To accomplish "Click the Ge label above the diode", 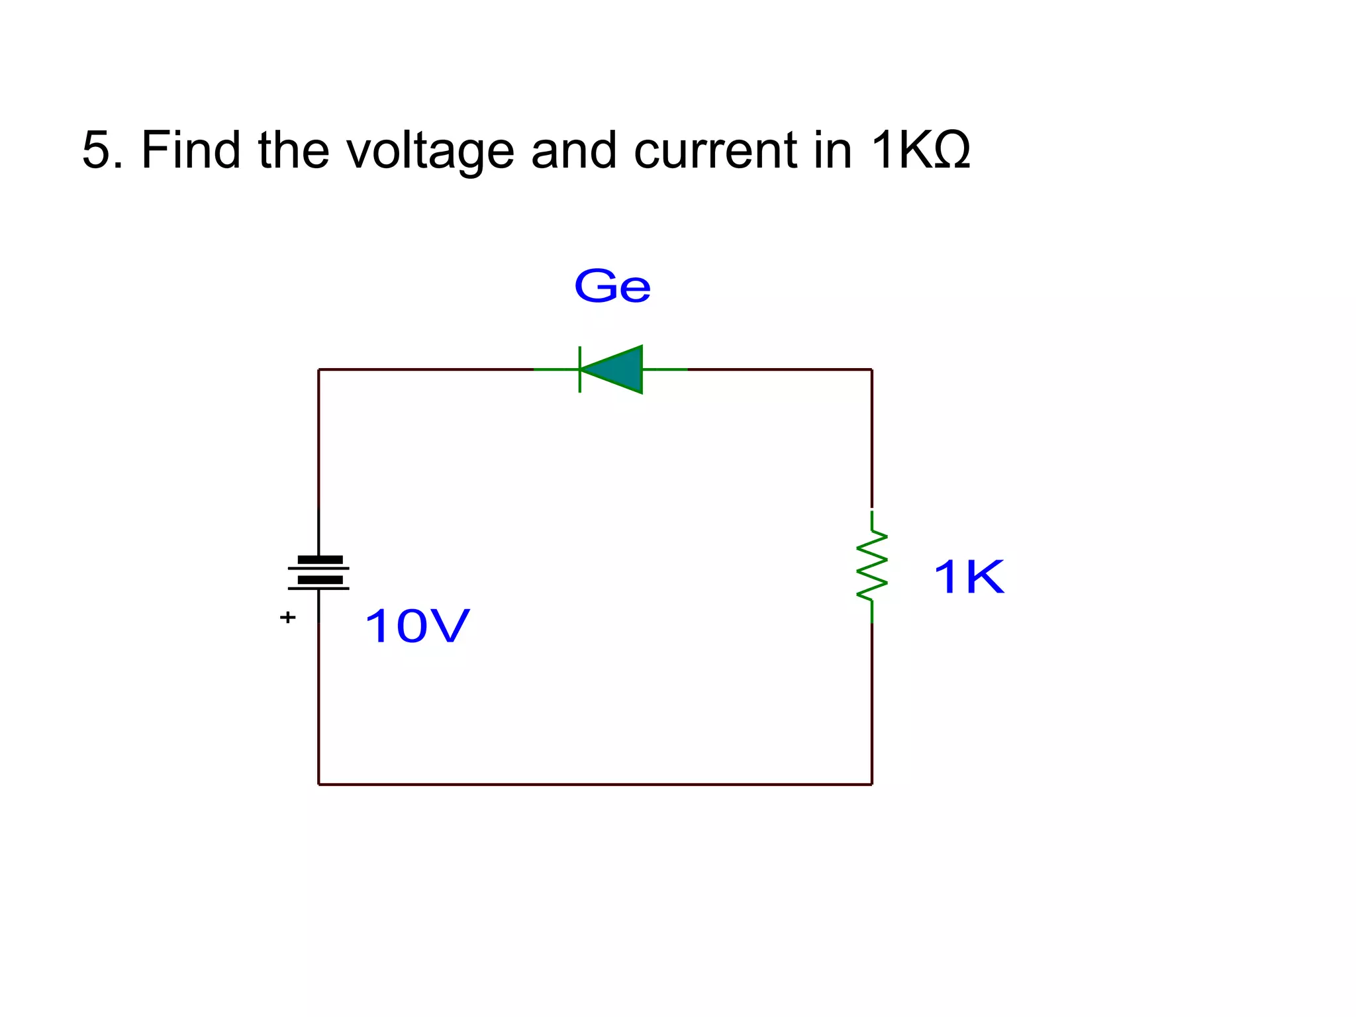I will point(612,287).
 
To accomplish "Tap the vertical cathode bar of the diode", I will point(580,369).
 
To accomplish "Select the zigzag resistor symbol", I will point(871,567).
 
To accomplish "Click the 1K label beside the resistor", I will point(968,577).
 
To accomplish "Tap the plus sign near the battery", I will point(287,617).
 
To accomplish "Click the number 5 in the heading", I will point(95,150).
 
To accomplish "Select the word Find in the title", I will point(191,150).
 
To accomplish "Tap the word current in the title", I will point(715,151).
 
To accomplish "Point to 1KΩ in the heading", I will point(920,150).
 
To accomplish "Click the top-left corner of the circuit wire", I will point(319,369).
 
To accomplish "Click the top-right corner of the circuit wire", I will point(871,369).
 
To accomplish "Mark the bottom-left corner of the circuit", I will point(319,785).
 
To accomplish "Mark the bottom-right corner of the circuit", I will point(871,785).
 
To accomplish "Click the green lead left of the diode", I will point(556,369).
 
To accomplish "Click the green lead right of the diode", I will point(665,369).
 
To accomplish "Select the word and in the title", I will point(573,150).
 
